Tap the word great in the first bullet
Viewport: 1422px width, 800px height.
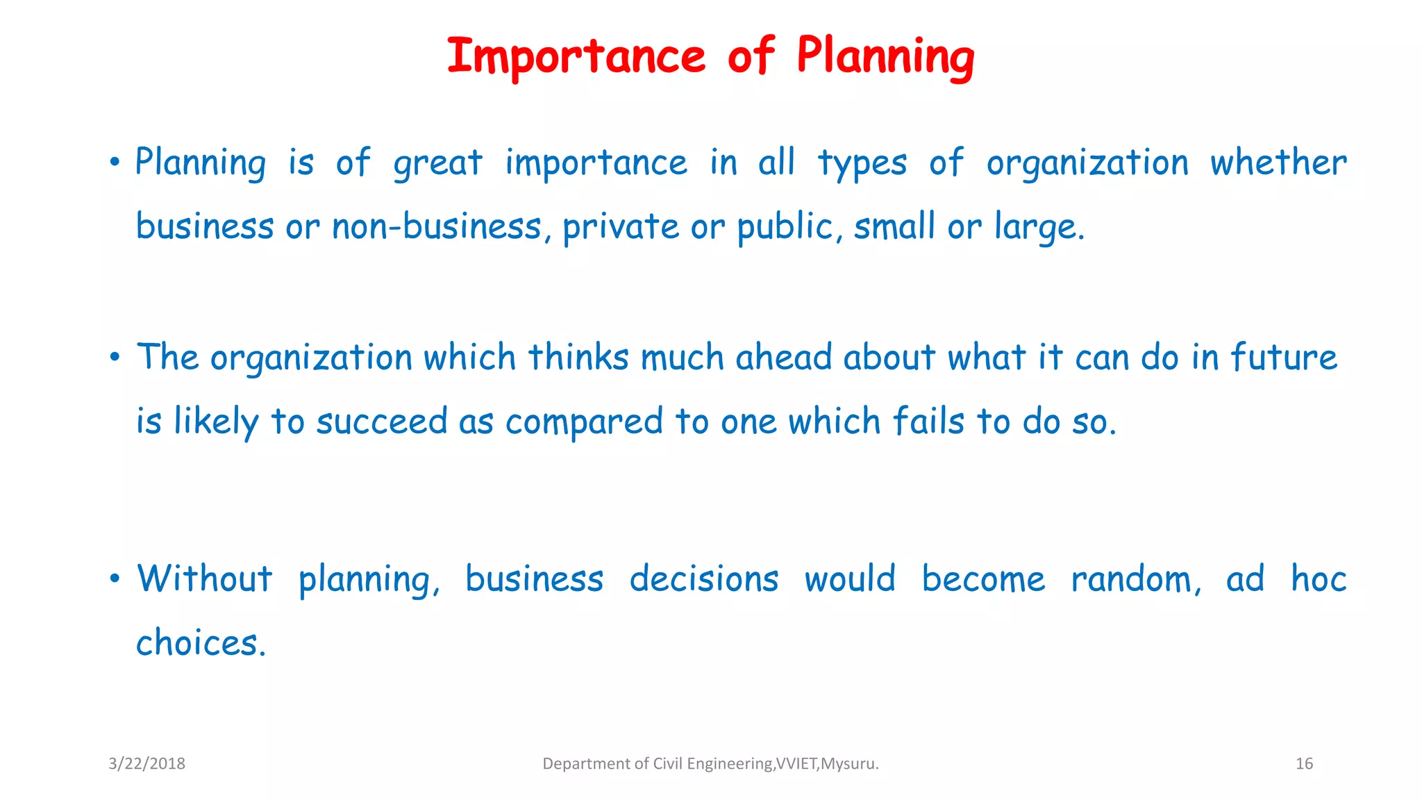click(x=437, y=164)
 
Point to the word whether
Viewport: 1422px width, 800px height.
click(x=1278, y=162)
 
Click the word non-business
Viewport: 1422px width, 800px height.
click(x=436, y=226)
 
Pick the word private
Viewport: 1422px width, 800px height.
click(x=621, y=228)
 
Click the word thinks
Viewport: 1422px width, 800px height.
click(x=578, y=357)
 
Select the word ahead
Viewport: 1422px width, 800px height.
click(x=783, y=357)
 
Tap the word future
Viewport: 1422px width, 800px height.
click(x=1284, y=357)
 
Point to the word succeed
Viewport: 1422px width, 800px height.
click(x=382, y=422)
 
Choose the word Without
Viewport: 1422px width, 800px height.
click(x=205, y=578)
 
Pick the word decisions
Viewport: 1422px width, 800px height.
click(x=704, y=578)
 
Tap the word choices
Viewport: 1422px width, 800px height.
click(x=200, y=642)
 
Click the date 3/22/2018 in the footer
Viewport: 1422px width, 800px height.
click(x=147, y=764)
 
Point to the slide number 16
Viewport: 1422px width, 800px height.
click(x=1304, y=764)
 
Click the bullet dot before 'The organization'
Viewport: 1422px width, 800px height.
click(x=115, y=358)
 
